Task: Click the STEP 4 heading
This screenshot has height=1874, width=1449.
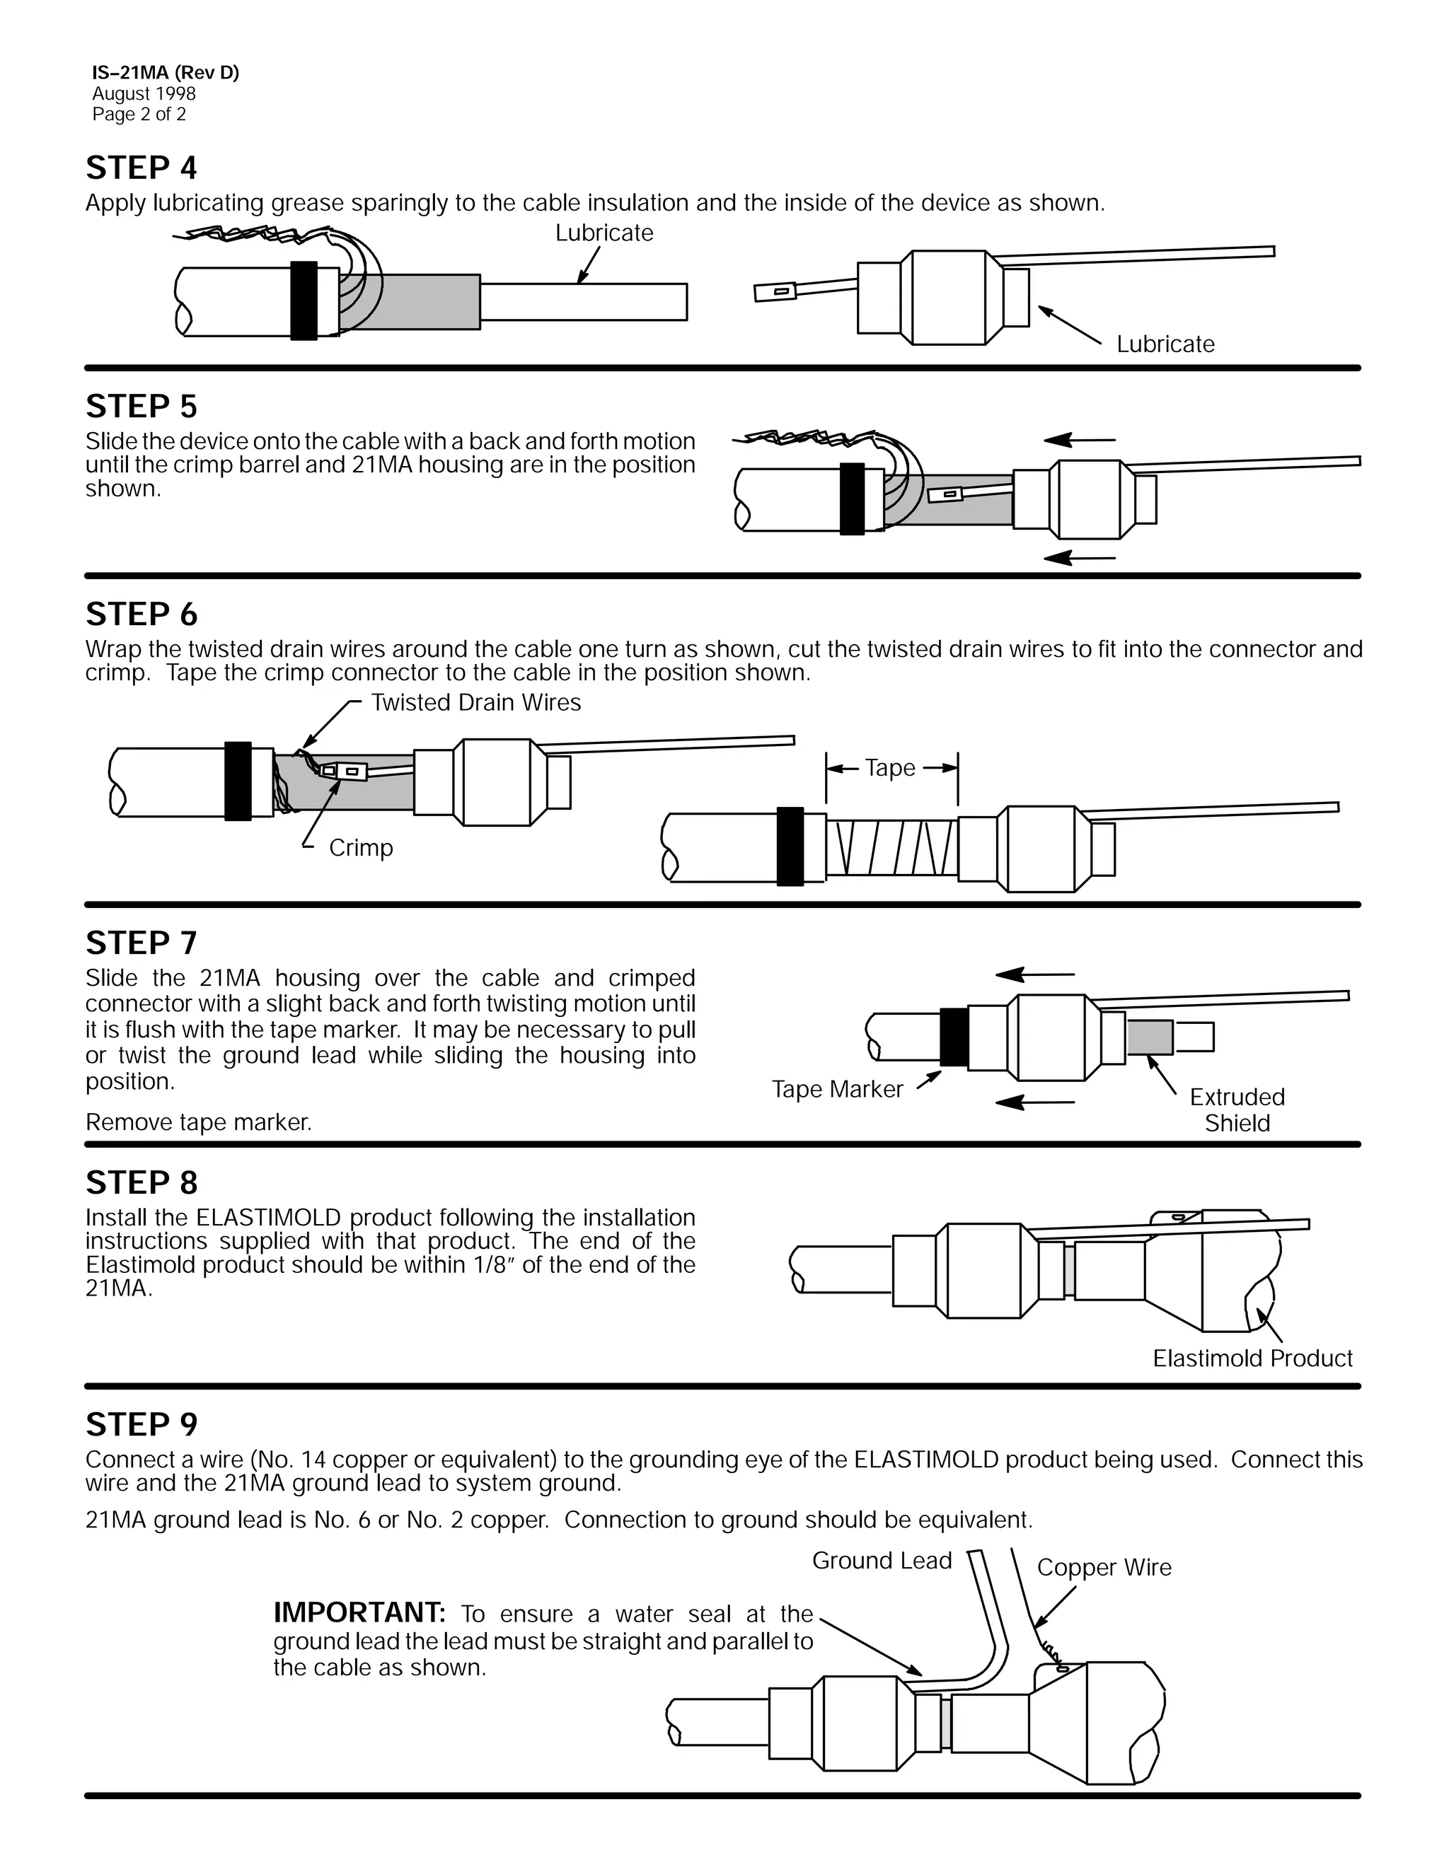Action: pos(141,168)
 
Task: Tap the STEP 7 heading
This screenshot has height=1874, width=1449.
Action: pos(141,943)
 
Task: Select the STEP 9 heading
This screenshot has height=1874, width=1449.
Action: pos(141,1424)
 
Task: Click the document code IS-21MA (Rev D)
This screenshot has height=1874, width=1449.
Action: pos(166,73)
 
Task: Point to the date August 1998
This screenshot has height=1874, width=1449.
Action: pos(144,93)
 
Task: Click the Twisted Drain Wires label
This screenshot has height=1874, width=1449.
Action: pos(475,703)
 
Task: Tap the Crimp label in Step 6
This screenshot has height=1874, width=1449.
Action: pos(361,848)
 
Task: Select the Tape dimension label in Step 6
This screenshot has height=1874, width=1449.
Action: pos(890,768)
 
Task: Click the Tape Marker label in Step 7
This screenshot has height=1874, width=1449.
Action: pos(837,1089)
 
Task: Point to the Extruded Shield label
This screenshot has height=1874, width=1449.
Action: pos(1236,1110)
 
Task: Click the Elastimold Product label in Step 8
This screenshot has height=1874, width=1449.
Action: pos(1252,1358)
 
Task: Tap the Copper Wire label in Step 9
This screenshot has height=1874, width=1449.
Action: pos(1104,1568)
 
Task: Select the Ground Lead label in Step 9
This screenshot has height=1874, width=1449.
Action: pos(882,1561)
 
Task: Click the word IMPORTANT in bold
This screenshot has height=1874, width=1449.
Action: pos(359,1613)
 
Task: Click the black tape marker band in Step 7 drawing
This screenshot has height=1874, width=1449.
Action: pos(954,1037)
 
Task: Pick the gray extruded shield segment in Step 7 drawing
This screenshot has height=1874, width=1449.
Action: pos(1150,1037)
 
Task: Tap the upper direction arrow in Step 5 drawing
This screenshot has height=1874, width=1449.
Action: pos(1079,440)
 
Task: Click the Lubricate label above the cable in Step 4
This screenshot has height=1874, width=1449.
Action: pos(604,233)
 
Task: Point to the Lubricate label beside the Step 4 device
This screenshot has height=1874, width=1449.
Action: pos(1165,344)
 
